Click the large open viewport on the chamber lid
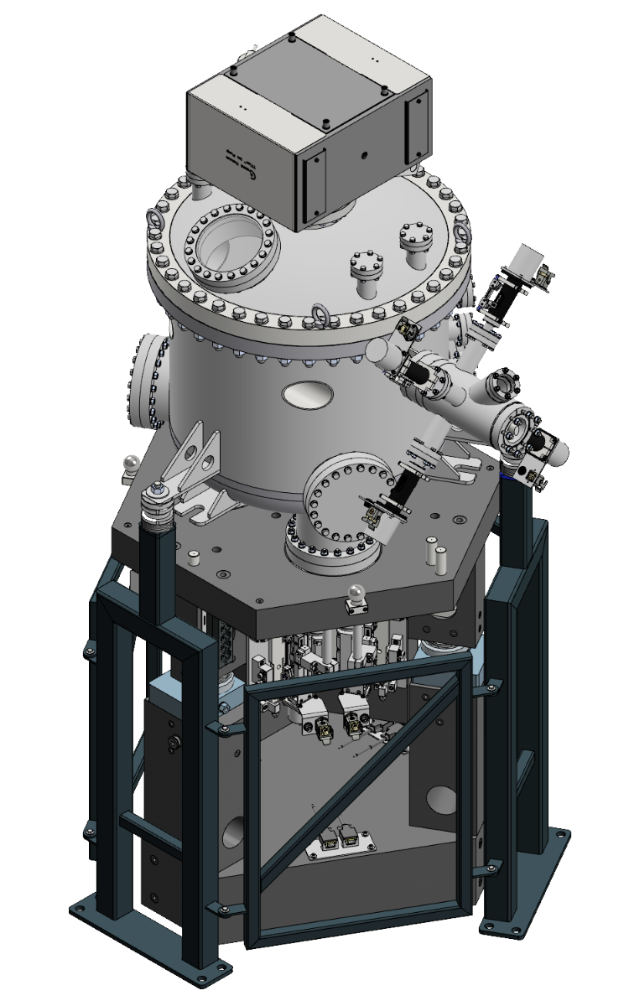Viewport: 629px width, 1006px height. (x=228, y=243)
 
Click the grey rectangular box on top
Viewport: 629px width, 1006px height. (x=309, y=126)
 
